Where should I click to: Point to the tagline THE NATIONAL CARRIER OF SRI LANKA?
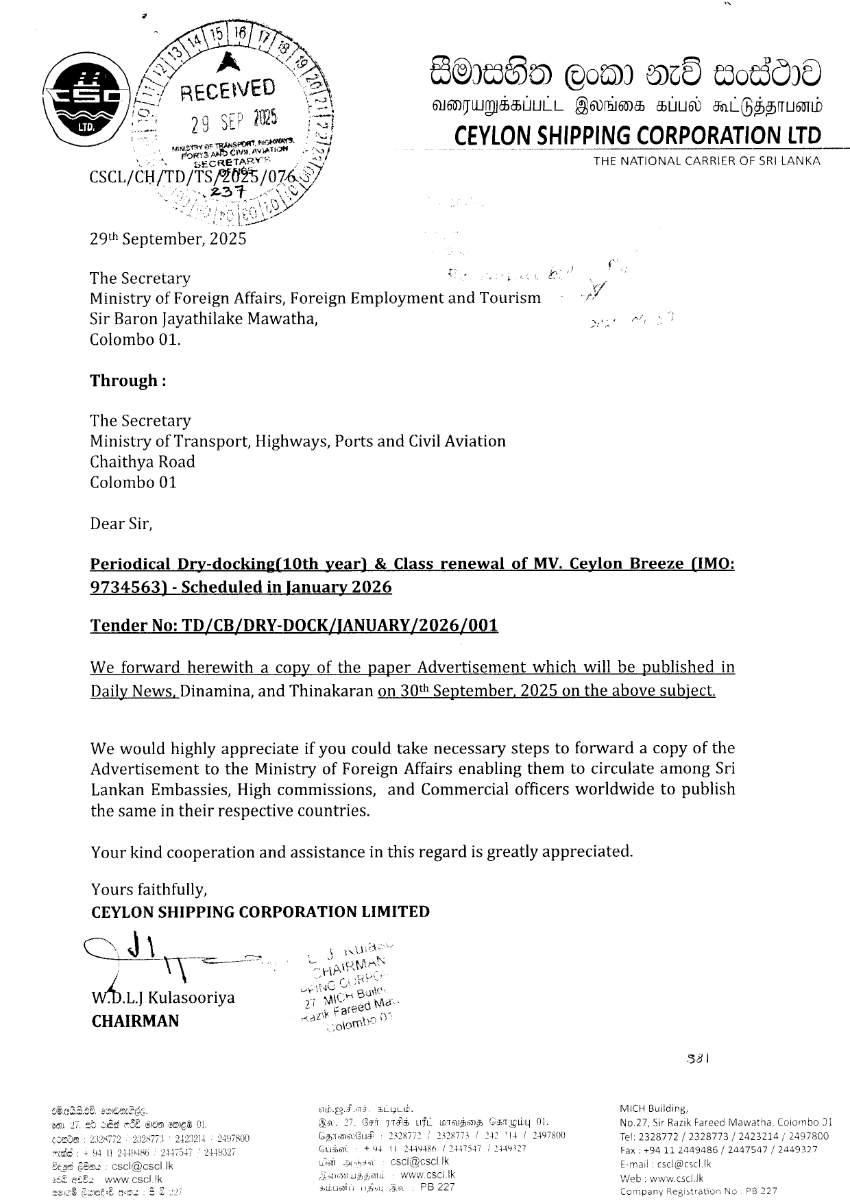click(706, 161)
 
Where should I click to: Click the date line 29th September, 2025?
click(168, 239)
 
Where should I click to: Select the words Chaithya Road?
click(143, 462)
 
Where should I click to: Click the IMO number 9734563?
click(121, 587)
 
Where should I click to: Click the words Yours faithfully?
click(149, 890)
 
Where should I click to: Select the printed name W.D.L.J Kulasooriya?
click(163, 997)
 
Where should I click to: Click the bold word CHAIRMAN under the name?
click(135, 1021)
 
